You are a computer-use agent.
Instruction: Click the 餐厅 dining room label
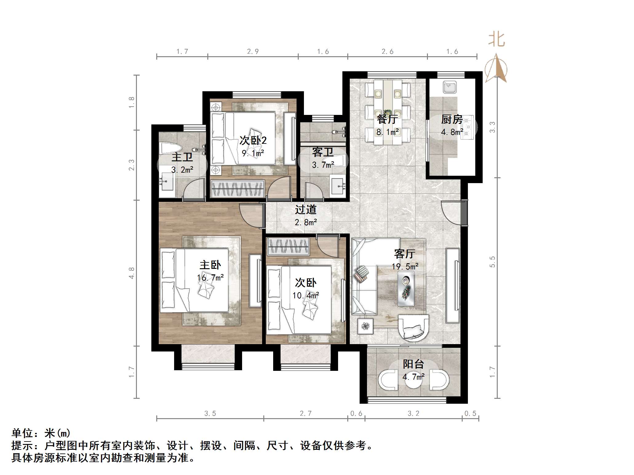pos(387,119)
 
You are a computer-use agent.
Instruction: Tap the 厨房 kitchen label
pos(452,119)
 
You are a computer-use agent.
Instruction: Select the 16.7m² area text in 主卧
pos(210,278)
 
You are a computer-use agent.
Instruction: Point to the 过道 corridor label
pos(305,210)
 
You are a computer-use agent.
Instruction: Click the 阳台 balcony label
pos(413,364)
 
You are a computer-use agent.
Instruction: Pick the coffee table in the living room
pos(406,289)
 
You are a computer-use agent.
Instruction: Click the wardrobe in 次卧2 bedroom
pos(237,188)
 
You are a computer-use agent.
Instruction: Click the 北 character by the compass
pos(496,40)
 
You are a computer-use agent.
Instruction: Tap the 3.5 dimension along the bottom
pos(210,414)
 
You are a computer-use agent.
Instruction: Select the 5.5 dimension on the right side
pos(492,262)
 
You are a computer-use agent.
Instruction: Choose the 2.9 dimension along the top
pos(253,52)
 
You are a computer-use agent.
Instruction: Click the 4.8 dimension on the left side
pos(131,273)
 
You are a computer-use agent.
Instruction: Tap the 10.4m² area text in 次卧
pos(305,296)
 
